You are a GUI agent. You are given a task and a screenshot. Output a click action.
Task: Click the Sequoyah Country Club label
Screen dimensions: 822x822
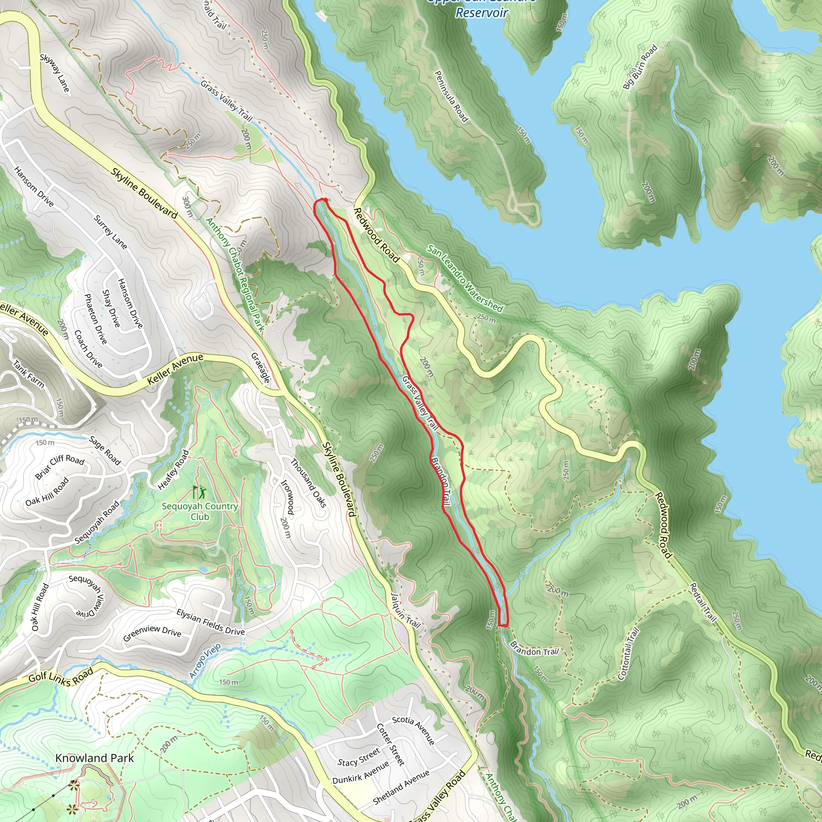pos(199,511)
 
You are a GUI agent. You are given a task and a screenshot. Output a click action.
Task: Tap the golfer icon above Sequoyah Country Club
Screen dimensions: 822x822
pos(199,492)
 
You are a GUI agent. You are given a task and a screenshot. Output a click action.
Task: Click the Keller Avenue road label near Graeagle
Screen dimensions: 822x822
pos(175,369)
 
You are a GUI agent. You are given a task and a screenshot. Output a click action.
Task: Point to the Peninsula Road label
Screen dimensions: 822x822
pos(451,97)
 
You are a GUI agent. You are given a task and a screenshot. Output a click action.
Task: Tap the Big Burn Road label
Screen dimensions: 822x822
pos(640,67)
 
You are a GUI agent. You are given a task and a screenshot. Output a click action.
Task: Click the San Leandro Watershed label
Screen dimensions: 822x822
pos(465,279)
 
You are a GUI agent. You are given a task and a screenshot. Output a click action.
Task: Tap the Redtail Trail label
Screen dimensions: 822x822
pos(703,602)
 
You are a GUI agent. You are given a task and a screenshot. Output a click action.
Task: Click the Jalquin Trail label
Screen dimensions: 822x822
pos(405,611)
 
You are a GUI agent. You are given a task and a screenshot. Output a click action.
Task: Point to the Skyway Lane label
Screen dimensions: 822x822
pos(55,73)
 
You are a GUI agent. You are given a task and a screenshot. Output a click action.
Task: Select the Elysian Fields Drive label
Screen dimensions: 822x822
pos(211,623)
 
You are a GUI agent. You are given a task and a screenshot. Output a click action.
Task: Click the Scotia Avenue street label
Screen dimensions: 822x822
pos(413,730)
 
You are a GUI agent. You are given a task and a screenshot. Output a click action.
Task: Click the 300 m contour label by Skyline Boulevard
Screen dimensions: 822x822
pos(187,207)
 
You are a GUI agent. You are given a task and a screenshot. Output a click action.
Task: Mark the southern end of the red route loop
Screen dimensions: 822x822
pos(503,625)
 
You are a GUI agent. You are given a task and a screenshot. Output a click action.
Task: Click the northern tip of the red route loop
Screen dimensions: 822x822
pos(321,200)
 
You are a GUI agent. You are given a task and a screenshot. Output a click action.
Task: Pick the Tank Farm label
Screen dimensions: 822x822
pos(28,374)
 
